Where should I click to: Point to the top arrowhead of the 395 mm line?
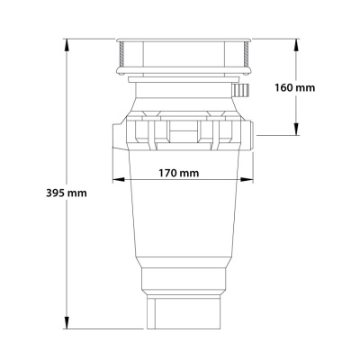coord(67,42)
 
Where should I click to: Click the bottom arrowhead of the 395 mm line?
coord(67,327)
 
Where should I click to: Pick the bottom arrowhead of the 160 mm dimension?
coord(296,132)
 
